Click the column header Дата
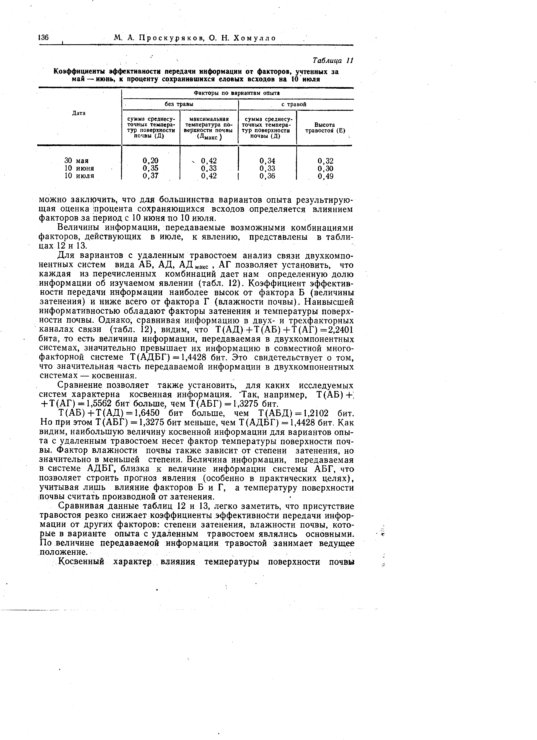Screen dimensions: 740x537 click(79, 113)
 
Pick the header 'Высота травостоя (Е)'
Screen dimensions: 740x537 click(325, 128)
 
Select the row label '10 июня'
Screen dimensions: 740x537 click(79, 168)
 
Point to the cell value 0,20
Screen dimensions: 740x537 click(150, 161)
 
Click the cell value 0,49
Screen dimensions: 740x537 click(326, 176)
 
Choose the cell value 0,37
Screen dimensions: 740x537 click(150, 176)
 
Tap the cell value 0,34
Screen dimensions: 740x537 click(267, 161)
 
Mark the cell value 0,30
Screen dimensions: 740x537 click(326, 168)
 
